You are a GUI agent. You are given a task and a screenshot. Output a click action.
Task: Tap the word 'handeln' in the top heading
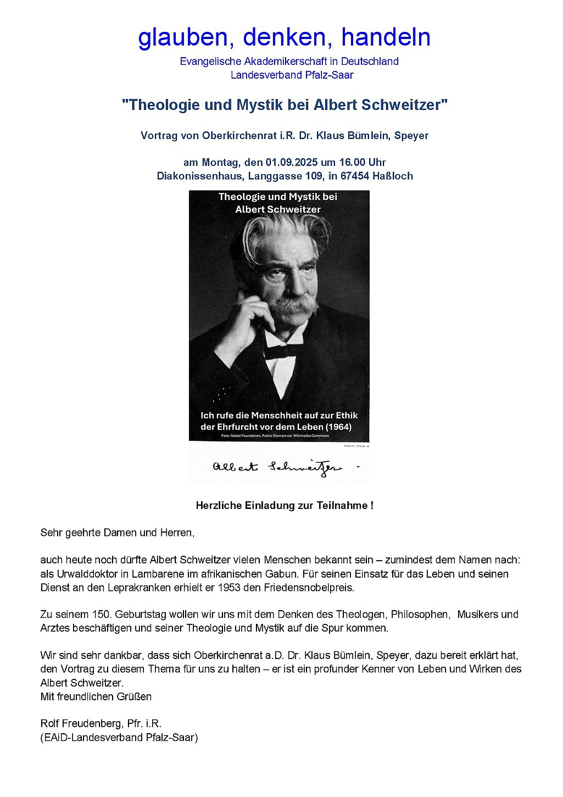(x=386, y=37)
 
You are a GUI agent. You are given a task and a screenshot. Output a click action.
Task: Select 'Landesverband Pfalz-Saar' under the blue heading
(x=292, y=75)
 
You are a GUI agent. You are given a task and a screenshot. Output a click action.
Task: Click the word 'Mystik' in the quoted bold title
(x=260, y=105)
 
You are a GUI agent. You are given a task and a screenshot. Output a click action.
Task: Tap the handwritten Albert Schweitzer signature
(x=277, y=467)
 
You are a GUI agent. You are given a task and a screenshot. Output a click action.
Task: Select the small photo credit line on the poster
(x=275, y=436)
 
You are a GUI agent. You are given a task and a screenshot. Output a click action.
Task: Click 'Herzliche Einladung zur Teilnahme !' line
(x=285, y=506)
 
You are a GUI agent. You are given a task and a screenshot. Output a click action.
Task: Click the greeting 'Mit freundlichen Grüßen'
(x=96, y=697)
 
